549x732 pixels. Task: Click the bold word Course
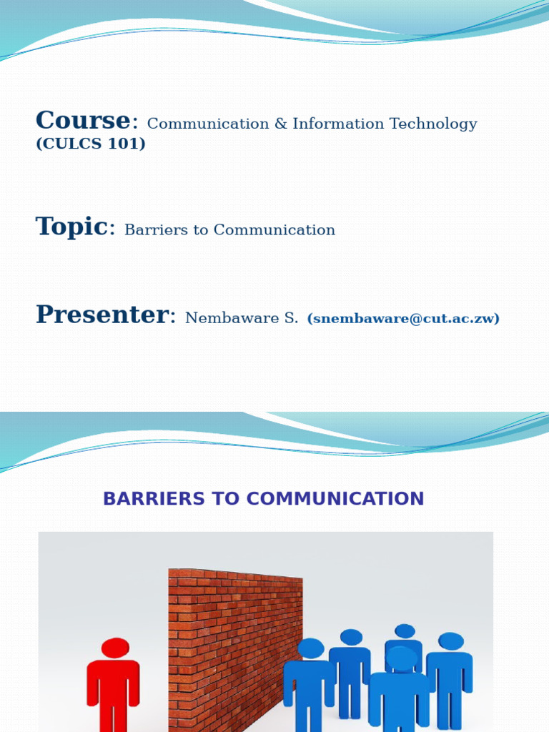(x=84, y=121)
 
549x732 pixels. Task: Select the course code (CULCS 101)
(x=91, y=144)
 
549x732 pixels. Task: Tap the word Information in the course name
(x=330, y=124)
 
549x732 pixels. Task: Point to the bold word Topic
(x=71, y=227)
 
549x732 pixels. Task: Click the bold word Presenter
(x=102, y=315)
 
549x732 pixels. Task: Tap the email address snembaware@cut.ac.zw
(x=403, y=319)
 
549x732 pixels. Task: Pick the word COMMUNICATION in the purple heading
(x=343, y=499)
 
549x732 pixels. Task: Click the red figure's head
(x=115, y=648)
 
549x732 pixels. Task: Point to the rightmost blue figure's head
(x=450, y=641)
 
